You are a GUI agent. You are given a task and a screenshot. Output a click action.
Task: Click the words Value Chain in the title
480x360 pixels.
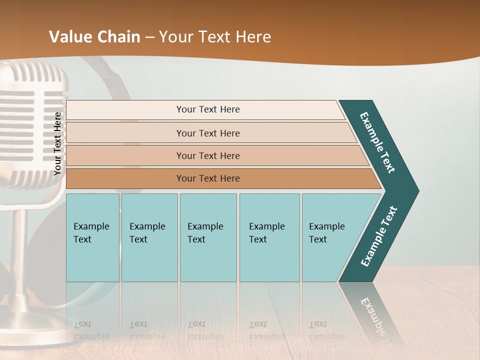[94, 37]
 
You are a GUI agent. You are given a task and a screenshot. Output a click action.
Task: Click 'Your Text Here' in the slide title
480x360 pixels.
[215, 37]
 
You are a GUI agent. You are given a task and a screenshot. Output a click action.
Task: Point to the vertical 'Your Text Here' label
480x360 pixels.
[57, 144]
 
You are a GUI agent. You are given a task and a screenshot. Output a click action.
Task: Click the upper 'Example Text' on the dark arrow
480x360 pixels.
[377, 142]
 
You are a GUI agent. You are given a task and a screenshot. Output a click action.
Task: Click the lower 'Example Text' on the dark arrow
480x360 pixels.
[378, 236]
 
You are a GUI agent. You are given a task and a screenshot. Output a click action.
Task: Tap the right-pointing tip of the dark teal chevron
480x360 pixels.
[415, 190]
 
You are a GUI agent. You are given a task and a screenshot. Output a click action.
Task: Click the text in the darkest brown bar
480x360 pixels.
[208, 178]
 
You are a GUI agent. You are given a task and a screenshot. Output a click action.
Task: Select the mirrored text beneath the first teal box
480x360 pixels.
[91, 330]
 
